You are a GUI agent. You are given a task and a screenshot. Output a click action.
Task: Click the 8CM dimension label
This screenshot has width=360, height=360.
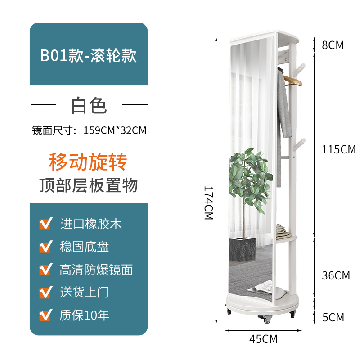click(333, 45)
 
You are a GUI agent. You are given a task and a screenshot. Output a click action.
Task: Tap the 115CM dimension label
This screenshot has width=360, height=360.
click(339, 149)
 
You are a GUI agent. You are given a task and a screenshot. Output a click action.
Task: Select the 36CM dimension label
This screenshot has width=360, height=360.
click(336, 275)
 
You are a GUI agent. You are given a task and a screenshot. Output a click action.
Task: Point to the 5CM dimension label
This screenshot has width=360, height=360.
click(333, 317)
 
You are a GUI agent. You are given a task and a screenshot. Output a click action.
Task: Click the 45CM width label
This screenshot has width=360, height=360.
click(263, 339)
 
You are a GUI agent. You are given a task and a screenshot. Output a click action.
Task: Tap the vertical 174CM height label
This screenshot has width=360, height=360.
click(209, 203)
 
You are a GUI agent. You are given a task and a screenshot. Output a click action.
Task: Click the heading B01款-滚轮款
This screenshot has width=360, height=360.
click(88, 55)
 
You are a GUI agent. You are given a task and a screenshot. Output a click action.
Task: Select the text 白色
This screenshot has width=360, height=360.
click(89, 106)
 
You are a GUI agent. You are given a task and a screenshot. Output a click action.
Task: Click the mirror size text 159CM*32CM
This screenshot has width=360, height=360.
click(115, 130)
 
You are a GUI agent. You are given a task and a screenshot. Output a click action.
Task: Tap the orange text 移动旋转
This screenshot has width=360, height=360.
click(88, 162)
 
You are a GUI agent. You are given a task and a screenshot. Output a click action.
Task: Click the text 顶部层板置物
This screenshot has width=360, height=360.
click(89, 185)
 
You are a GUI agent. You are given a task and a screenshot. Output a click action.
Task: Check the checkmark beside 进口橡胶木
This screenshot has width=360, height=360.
click(46, 223)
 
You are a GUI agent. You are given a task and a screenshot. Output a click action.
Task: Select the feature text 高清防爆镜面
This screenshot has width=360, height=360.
click(96, 270)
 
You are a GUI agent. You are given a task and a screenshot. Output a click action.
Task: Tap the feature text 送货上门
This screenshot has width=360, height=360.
click(84, 292)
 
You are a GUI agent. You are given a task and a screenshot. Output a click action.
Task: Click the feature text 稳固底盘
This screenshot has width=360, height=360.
click(84, 247)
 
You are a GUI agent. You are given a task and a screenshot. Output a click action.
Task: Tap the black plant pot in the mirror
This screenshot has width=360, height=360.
click(242, 249)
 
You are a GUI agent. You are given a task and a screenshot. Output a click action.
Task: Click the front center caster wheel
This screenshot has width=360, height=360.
click(266, 319)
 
